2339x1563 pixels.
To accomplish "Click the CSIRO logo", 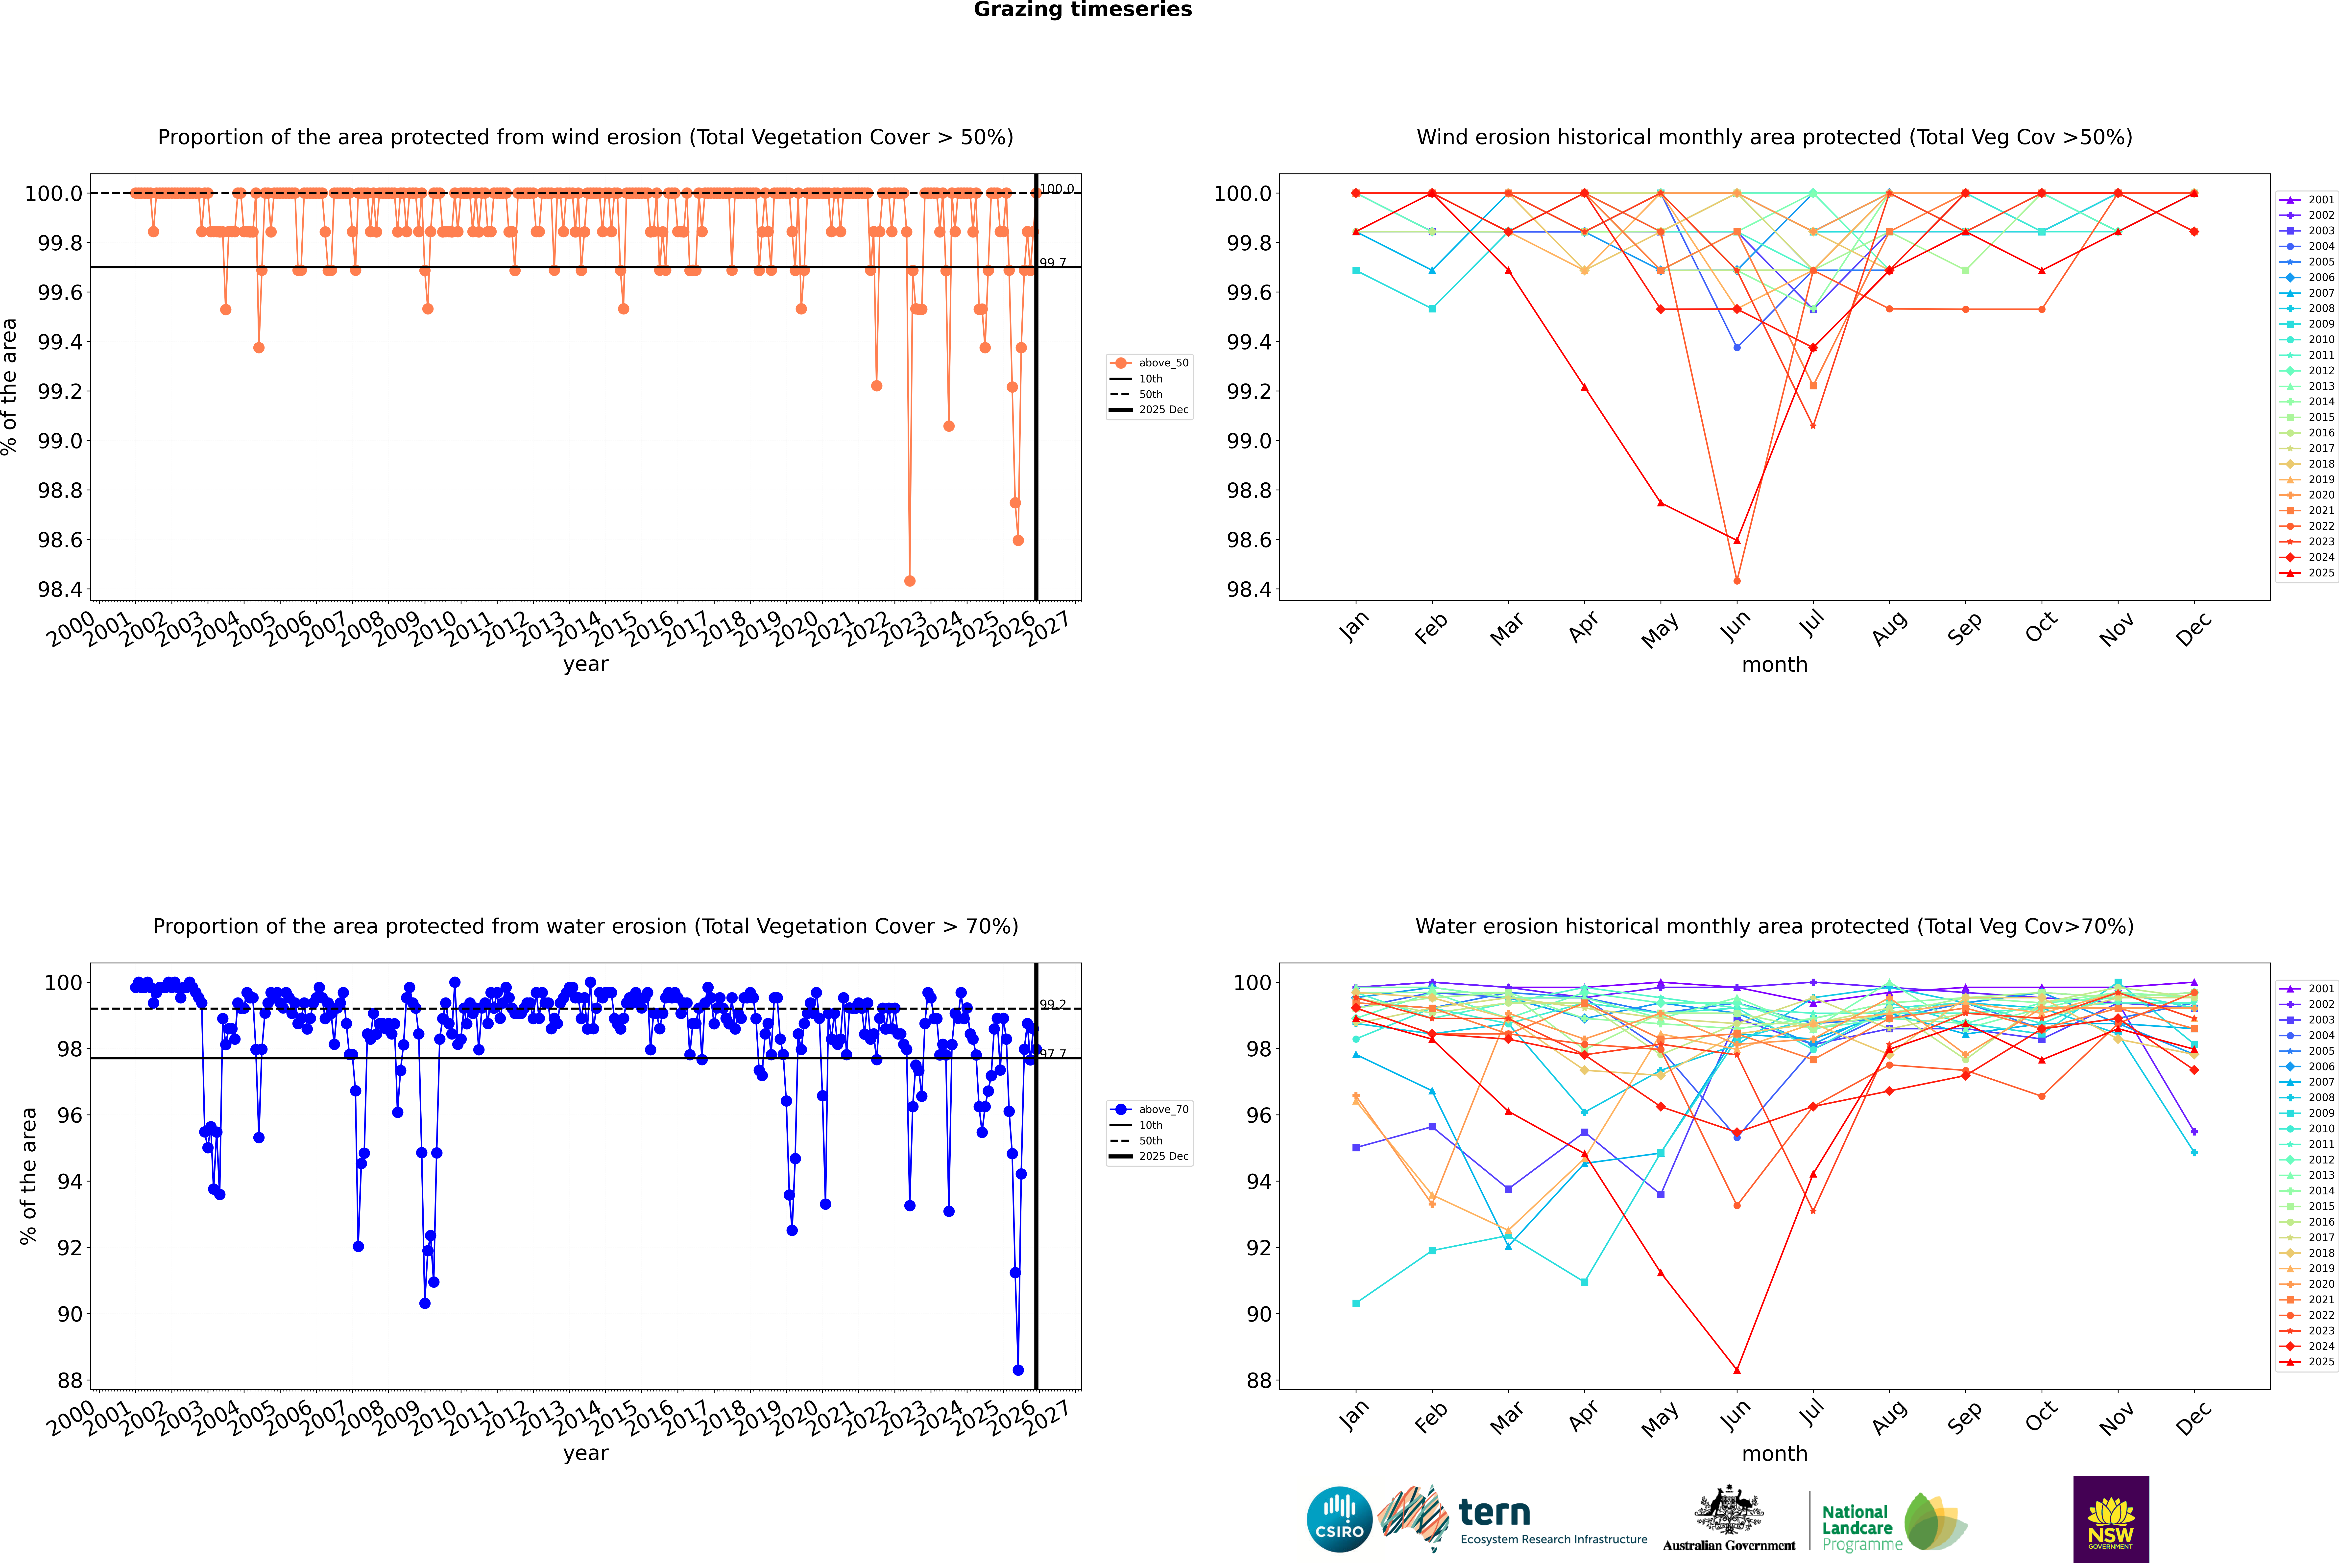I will (1339, 1519).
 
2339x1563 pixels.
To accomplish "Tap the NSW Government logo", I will (2111, 1519).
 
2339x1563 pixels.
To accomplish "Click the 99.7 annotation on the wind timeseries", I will (1053, 263).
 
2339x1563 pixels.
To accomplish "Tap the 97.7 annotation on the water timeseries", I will (1053, 1054).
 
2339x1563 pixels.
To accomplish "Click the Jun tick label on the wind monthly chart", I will (1735, 626).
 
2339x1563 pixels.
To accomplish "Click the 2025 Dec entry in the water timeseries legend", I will (1163, 1156).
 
